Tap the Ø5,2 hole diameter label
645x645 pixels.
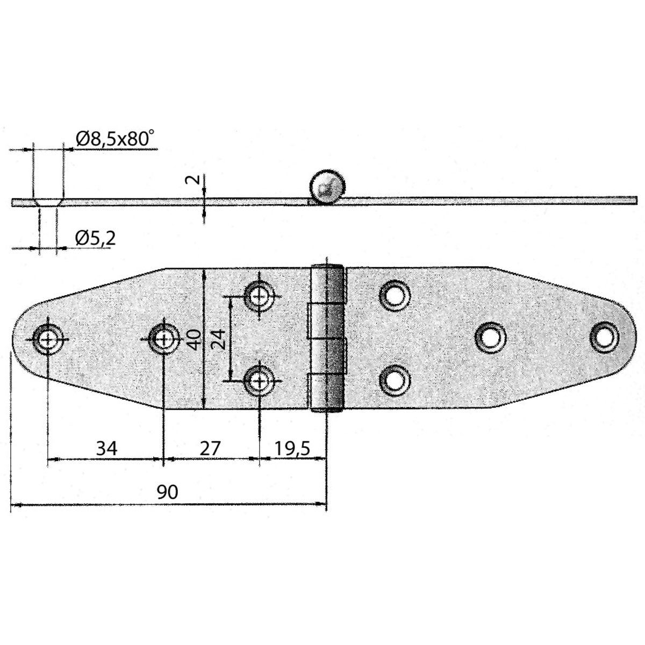[x=95, y=238]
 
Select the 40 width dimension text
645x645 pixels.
[x=195, y=339]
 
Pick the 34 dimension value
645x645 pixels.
[x=106, y=447]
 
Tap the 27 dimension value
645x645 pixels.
[x=210, y=447]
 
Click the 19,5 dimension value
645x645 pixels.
[x=292, y=447]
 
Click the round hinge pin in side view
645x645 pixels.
[x=326, y=188]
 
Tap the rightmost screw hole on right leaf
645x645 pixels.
[x=605, y=335]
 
